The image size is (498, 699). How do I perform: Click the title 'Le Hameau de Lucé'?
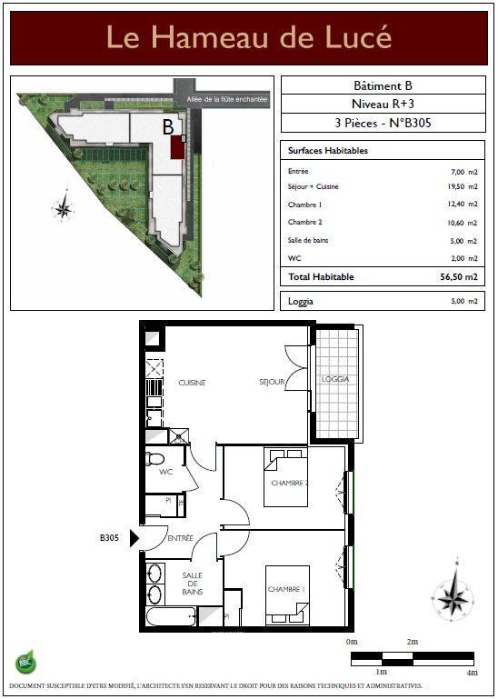(249, 37)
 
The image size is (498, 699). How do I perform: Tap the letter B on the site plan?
(167, 127)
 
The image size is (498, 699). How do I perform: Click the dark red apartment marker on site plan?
(177, 146)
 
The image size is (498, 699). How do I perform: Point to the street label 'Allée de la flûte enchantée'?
(226, 99)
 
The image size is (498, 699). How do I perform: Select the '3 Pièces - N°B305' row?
(383, 123)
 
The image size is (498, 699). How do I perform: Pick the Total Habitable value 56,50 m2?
(459, 277)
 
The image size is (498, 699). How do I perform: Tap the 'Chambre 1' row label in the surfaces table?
(304, 205)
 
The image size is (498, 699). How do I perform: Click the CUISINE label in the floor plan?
(192, 383)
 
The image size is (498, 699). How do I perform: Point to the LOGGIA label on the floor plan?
(335, 379)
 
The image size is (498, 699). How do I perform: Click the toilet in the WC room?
(154, 458)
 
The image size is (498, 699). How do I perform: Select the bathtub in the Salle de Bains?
(171, 617)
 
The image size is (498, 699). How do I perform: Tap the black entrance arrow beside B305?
(134, 538)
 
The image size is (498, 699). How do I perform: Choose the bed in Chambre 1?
(287, 595)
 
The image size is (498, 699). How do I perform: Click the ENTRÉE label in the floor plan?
(181, 538)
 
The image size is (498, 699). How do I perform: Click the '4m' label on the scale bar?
(473, 673)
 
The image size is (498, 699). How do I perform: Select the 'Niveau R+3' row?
(383, 104)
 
